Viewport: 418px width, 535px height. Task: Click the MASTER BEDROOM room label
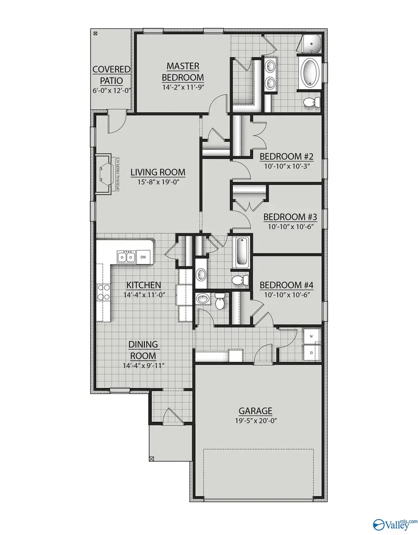(x=183, y=71)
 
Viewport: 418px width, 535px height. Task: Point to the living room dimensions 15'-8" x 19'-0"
(x=158, y=182)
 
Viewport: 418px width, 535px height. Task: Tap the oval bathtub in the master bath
(x=309, y=73)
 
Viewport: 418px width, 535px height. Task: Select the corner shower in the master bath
(x=310, y=44)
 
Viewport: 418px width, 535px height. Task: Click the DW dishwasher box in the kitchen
(x=144, y=257)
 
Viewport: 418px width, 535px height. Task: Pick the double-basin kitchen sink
(x=126, y=256)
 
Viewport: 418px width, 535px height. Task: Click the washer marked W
(x=311, y=336)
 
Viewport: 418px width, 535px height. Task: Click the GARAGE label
(x=255, y=411)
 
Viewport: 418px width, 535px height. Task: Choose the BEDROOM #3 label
(x=290, y=217)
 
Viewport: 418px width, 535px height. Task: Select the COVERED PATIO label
(x=111, y=74)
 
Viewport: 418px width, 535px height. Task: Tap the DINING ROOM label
(x=144, y=350)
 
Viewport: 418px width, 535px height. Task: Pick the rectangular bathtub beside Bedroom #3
(x=241, y=252)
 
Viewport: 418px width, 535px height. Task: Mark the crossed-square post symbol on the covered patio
(x=96, y=34)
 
